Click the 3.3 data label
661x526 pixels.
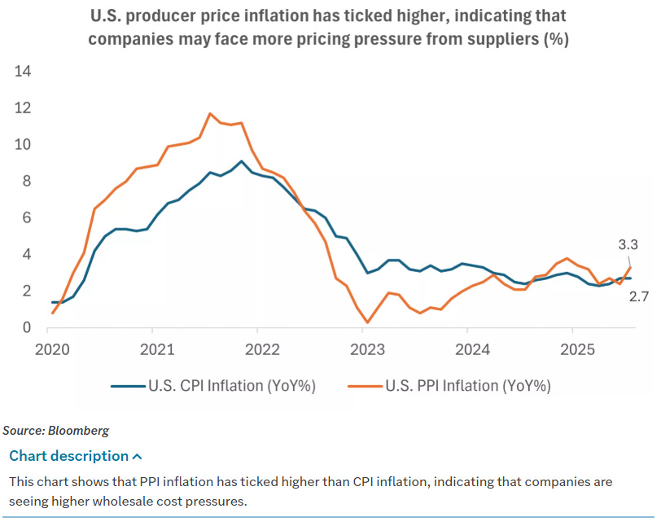[x=628, y=244]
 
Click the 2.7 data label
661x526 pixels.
[x=638, y=298]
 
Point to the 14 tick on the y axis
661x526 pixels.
[x=23, y=72]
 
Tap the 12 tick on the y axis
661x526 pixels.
[x=23, y=108]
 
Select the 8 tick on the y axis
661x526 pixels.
[x=27, y=182]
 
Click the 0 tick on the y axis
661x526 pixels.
[x=27, y=328]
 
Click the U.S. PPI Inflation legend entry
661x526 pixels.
[x=456, y=386]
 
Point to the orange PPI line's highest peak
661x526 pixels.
[x=210, y=113]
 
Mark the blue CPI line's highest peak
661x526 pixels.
[x=241, y=161]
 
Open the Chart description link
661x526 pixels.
[x=68, y=456]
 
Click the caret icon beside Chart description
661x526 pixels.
[x=137, y=457]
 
